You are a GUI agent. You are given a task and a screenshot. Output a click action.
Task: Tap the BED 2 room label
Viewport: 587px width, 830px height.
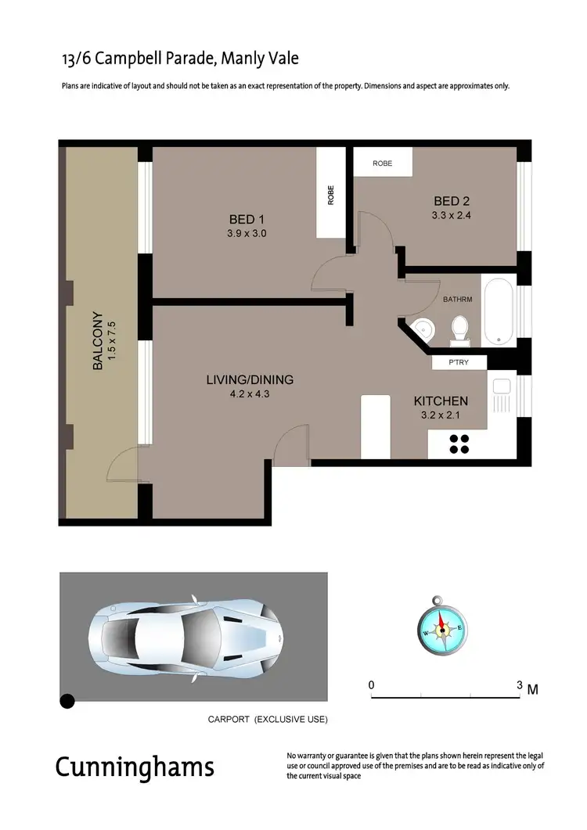[446, 201]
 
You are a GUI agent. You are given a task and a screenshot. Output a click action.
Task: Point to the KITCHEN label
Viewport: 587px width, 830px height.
[441, 401]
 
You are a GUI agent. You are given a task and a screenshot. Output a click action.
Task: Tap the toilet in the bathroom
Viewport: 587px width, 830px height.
[459, 329]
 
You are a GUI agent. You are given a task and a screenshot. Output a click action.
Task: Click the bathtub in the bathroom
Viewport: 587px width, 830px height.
[499, 313]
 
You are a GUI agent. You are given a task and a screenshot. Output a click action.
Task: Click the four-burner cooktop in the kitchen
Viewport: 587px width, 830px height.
[458, 444]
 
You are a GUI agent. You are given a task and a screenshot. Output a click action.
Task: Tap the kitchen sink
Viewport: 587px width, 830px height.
[501, 395]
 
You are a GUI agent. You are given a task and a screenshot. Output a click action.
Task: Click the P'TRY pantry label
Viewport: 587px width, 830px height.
[459, 362]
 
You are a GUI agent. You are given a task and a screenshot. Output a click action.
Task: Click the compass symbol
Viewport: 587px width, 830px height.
[441, 626]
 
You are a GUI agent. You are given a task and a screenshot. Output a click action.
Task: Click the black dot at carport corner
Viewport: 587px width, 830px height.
[68, 700]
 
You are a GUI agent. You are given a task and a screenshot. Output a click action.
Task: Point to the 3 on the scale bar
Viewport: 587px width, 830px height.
[519, 684]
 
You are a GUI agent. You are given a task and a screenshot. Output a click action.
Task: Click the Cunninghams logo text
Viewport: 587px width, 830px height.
[134, 767]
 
